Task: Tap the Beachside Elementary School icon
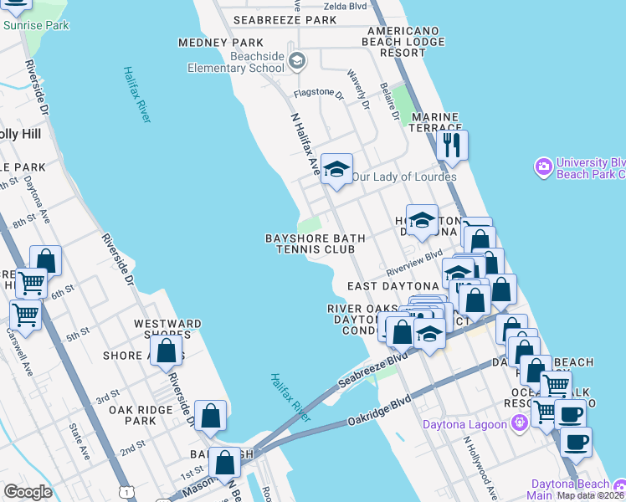click(297, 60)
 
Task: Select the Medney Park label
click(221, 43)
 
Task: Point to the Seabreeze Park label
click(285, 19)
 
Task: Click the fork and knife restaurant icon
click(452, 144)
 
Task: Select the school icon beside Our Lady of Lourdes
click(336, 168)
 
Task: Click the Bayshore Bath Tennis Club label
click(315, 243)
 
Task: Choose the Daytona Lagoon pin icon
click(521, 424)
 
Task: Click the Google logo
click(28, 492)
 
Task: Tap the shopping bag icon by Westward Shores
click(167, 351)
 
